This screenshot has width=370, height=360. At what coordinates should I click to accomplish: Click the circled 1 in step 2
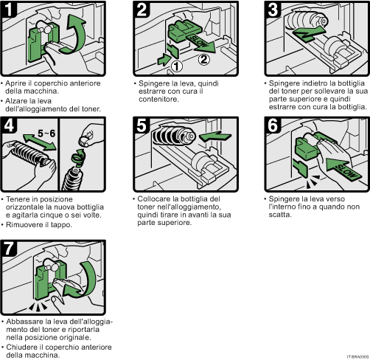pyautogui.click(x=177, y=64)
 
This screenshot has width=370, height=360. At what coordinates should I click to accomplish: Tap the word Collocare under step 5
pyautogui.click(x=153, y=198)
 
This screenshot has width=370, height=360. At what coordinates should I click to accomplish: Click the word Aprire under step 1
pyautogui.click(x=16, y=83)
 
